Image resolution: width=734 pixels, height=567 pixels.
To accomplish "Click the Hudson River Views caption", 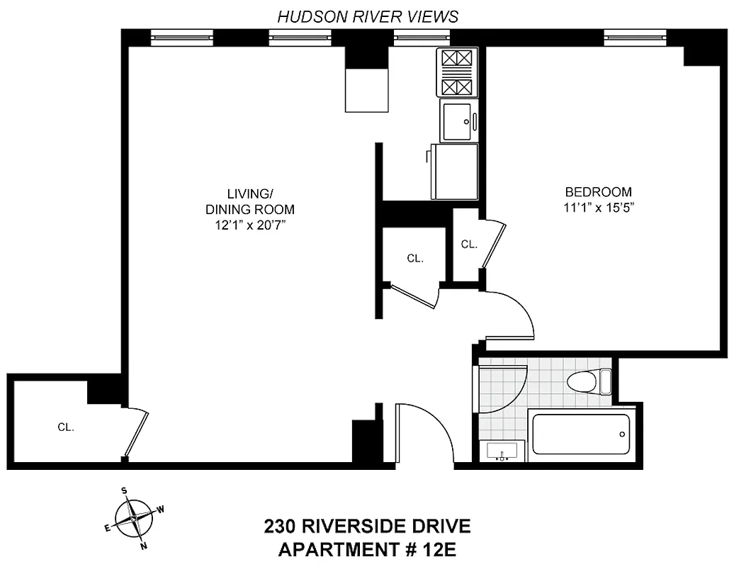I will coord(367,16).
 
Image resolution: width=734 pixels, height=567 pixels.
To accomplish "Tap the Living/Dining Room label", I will coord(249,201).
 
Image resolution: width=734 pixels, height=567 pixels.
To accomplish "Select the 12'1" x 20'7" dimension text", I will coord(249,225).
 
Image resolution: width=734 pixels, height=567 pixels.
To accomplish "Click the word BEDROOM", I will coord(598,192).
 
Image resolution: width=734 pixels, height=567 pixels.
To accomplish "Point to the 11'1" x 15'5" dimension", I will coord(598,208).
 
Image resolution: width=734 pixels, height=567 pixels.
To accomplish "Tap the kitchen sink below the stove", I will coord(458,120).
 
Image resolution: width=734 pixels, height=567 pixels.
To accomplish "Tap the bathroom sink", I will coord(502,451).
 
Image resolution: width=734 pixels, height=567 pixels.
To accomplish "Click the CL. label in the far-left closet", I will coord(66,427).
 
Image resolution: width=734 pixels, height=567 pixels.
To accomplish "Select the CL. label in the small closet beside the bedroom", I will coord(469,245).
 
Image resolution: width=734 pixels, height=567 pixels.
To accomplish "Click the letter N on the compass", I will coord(144,546).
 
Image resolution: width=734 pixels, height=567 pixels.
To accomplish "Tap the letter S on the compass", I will coord(123,490).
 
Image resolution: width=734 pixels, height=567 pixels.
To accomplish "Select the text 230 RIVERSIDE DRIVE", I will coord(367,527).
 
